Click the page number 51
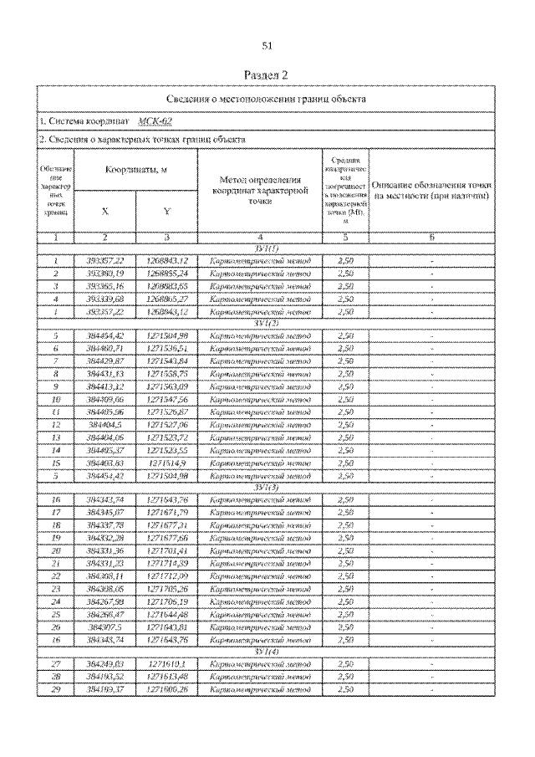click(x=267, y=46)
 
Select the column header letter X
click(x=104, y=212)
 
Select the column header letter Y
click(x=167, y=212)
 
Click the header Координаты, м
click(x=135, y=171)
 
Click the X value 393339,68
click(x=105, y=298)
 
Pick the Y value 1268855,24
click(x=167, y=274)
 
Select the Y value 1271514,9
click(x=167, y=462)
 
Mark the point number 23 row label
click(x=55, y=589)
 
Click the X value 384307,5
click(x=105, y=627)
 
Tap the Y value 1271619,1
click(x=167, y=663)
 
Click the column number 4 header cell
click(x=259, y=238)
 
